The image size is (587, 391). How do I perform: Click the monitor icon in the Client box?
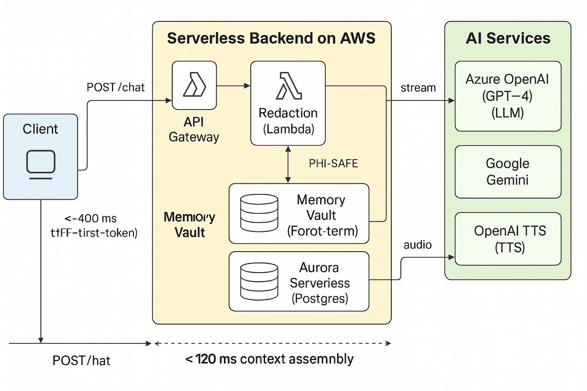(x=41, y=164)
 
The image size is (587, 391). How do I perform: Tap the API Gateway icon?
(x=194, y=86)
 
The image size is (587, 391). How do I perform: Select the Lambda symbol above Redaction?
(x=288, y=86)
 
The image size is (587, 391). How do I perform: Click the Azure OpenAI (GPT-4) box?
(x=508, y=96)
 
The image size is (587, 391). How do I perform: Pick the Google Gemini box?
(x=508, y=171)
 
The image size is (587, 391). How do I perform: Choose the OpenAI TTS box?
(x=508, y=239)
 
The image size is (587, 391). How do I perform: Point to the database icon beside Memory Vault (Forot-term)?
(x=259, y=213)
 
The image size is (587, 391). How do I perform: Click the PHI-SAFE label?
(x=333, y=164)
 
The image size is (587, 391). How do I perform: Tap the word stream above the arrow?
(x=418, y=88)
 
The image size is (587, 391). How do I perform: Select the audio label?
(x=417, y=245)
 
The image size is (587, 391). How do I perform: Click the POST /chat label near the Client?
(x=116, y=87)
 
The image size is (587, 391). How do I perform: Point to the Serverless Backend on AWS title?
(x=271, y=38)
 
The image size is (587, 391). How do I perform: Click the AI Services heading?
(x=508, y=38)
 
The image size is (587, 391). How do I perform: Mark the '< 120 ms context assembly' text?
(x=269, y=359)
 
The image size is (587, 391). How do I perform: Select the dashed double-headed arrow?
(x=272, y=343)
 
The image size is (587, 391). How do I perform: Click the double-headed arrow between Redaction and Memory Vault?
(x=288, y=164)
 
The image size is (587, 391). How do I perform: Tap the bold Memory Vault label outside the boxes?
(x=189, y=225)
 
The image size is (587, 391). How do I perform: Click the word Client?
(x=40, y=129)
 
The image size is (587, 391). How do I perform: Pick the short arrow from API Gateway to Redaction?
(x=233, y=86)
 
